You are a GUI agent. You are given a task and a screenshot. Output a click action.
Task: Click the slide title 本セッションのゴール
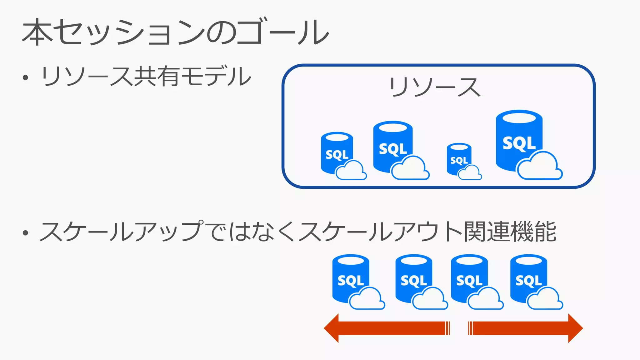(175, 32)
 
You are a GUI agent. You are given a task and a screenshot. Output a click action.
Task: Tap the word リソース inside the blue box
(435, 87)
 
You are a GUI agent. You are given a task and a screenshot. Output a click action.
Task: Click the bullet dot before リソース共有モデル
(26, 77)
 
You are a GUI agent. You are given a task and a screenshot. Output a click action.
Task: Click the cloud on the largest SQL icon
(539, 167)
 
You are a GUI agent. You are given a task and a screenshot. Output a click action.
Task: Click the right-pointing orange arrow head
(575, 328)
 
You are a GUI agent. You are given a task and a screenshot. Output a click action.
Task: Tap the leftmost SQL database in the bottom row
(351, 278)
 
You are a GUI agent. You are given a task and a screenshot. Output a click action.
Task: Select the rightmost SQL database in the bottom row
(528, 278)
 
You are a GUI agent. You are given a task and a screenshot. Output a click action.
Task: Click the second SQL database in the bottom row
(414, 278)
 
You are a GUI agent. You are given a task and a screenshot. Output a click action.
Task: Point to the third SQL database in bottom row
(469, 278)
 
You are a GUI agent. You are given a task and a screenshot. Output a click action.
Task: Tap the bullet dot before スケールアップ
(26, 233)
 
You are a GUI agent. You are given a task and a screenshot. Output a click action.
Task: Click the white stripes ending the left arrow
(447, 328)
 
